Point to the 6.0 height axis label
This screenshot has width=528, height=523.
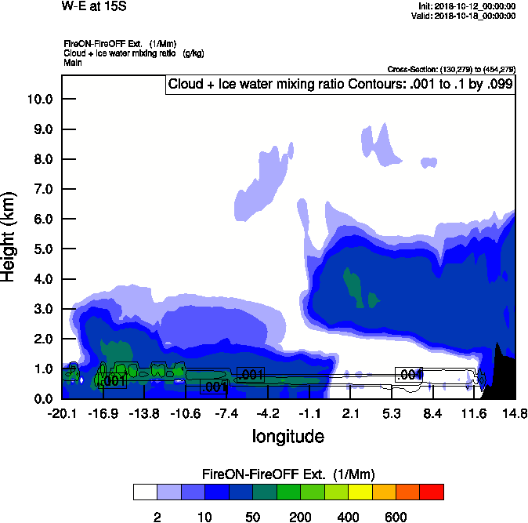pos(41,219)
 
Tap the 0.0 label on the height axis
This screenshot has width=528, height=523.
pos(41,398)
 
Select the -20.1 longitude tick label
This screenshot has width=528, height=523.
pos(62,413)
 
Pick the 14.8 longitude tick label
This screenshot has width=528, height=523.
pos(515,413)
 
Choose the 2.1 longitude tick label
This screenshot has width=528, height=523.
pos(350,413)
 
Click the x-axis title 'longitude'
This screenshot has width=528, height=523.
pos(288,435)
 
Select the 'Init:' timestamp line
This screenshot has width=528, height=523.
pos(467,5)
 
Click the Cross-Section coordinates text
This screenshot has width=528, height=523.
pos(451,69)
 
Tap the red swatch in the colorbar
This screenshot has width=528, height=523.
pos(431,492)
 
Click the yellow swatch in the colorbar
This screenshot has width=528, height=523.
pos(359,492)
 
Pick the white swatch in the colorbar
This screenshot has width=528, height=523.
pos(145,492)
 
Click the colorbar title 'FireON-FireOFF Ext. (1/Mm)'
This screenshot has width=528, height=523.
pos(288,474)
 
